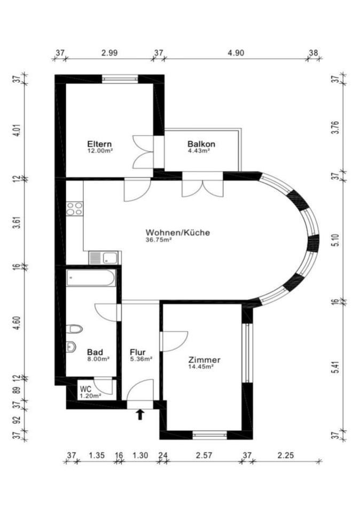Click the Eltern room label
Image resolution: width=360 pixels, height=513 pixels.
99,144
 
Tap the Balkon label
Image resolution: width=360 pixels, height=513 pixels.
201,144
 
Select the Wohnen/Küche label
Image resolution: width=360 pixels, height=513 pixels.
177,232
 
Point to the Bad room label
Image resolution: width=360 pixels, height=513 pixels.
95,352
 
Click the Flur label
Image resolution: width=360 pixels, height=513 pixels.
138,352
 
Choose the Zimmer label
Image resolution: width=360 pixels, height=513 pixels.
205,360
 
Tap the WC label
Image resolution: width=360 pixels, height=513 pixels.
85,390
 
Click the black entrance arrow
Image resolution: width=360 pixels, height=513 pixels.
140,415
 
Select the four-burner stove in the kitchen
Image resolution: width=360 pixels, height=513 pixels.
75,209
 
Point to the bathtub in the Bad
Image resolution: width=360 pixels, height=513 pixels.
91,278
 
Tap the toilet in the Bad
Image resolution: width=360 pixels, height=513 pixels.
74,329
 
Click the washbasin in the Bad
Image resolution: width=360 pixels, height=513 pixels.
71,347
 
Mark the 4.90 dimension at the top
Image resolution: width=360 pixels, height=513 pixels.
236,53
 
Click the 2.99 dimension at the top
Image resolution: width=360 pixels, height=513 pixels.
109,53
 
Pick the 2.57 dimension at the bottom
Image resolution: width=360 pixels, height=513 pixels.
204,455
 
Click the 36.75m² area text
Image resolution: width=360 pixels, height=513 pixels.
159,240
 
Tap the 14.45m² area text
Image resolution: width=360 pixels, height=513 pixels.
201,367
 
